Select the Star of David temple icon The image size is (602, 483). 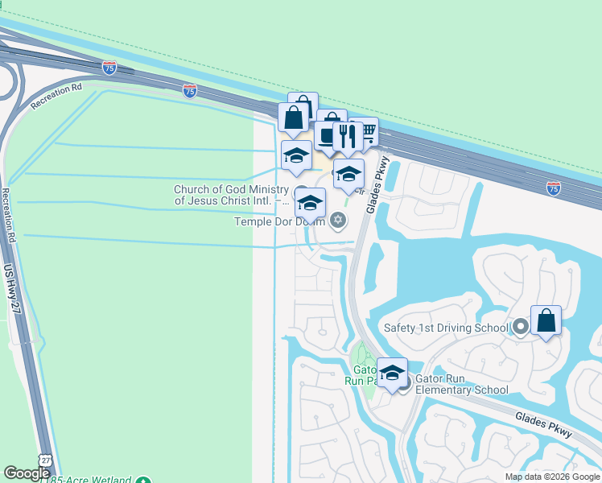pyautogui.click(x=338, y=220)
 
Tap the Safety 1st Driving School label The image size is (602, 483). pyautogui.click(x=446, y=328)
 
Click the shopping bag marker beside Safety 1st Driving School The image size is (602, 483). pyautogui.click(x=546, y=321)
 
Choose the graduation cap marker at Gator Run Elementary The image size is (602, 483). pyautogui.click(x=392, y=374)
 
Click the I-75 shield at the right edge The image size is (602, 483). pyautogui.click(x=553, y=188)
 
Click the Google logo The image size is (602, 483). pyautogui.click(x=26, y=473)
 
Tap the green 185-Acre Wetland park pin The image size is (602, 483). pyautogui.click(x=143, y=479)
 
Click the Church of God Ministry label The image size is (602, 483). pyautogui.click(x=231, y=195)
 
